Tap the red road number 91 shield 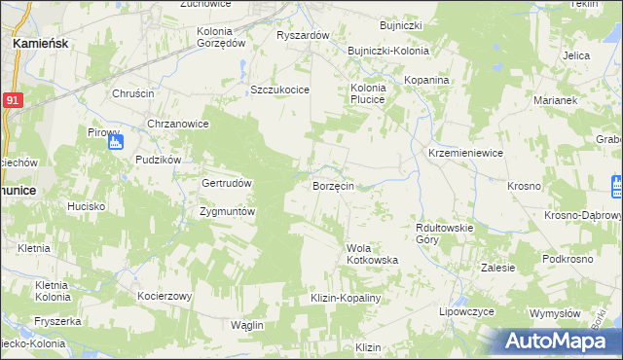[x=12, y=101]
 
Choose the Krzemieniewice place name [x=465, y=154]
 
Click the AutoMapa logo [x=560, y=341]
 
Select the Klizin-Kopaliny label [x=345, y=298]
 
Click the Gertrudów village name [x=227, y=183]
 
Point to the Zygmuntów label [x=227, y=211]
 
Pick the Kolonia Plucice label [x=368, y=93]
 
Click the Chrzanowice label [x=178, y=124]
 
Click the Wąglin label [x=248, y=324]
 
